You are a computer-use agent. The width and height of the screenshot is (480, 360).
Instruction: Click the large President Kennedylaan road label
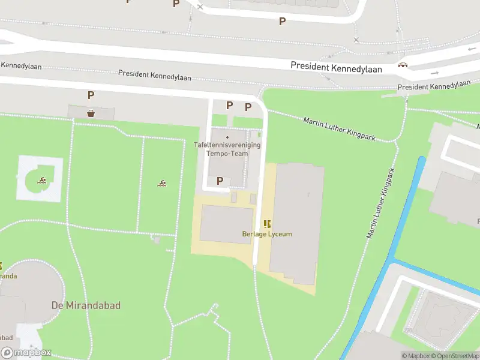(x=336, y=68)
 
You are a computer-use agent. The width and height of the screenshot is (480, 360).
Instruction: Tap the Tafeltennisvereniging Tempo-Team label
(x=227, y=149)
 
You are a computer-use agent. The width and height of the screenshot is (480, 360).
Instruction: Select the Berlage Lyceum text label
(x=267, y=234)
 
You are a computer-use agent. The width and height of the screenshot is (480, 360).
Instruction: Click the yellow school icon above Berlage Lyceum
(x=267, y=224)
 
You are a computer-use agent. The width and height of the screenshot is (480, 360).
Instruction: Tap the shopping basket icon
(x=91, y=112)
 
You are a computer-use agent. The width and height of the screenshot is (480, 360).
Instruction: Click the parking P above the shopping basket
(x=91, y=95)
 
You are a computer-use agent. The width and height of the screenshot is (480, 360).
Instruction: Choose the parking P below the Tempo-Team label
(x=220, y=181)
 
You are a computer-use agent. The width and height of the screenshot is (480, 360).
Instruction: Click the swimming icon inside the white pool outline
(x=43, y=181)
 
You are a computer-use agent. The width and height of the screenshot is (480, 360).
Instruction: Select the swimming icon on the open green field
(x=162, y=183)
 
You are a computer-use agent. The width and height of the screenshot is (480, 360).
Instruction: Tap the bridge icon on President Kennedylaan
(x=403, y=65)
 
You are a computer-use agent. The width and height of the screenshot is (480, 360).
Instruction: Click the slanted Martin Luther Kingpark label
(x=339, y=129)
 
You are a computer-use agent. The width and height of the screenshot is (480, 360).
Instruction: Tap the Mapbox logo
(x=26, y=353)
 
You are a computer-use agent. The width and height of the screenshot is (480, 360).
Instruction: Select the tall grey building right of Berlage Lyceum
(x=296, y=222)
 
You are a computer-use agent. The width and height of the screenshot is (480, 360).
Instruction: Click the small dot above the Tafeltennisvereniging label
(x=227, y=137)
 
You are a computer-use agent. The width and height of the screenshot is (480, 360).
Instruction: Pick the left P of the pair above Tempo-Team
(x=229, y=105)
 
